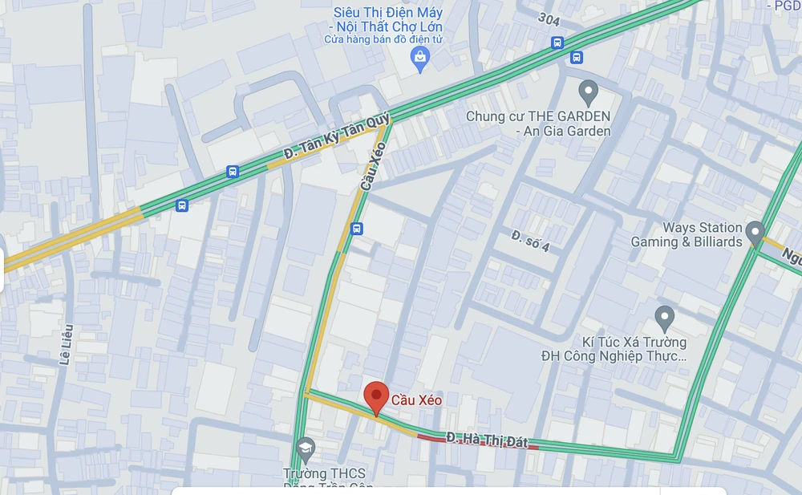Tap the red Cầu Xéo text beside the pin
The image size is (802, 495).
click(416, 400)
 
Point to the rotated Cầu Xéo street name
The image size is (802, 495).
click(374, 166)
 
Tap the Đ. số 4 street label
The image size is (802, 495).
click(530, 241)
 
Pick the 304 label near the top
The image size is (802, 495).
click(549, 18)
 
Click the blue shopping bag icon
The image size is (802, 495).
click(419, 57)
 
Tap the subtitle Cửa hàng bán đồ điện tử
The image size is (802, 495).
click(383, 39)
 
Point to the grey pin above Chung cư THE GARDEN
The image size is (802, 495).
click(589, 90)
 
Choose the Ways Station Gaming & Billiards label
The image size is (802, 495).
click(687, 235)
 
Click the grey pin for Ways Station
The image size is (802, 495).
click(755, 233)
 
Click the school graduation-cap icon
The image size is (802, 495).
click(305, 448)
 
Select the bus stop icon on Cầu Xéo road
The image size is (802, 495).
click(357, 229)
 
